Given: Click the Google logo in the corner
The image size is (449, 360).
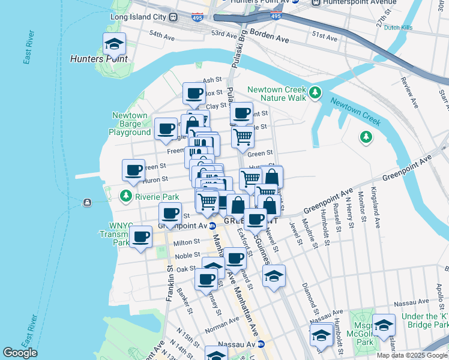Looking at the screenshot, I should pos(20,353).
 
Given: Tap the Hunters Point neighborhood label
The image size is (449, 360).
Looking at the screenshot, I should pos(98,59).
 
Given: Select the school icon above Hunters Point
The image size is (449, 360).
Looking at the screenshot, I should pos(114,44).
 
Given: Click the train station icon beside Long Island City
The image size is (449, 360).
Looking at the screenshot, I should pos(175,17).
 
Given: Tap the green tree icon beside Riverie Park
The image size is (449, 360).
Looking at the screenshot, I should pos(126,196).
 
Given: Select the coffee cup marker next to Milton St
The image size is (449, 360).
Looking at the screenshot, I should pos(141,236).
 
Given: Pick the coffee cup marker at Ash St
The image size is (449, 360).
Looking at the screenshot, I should pos(194,93).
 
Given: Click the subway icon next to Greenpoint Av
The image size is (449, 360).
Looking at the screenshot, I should pos(212,226).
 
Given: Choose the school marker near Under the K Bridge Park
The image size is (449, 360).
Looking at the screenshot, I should pos(384,325).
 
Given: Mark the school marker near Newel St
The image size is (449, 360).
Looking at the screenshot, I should pos(274,276).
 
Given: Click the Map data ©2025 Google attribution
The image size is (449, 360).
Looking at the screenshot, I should pos(412,355).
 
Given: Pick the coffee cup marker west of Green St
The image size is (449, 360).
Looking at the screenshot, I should pos(134,170).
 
